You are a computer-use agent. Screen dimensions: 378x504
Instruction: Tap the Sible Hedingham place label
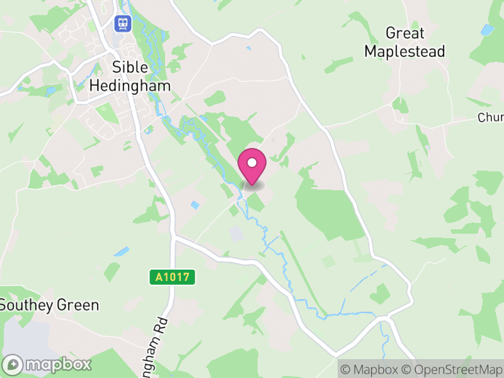[130, 76]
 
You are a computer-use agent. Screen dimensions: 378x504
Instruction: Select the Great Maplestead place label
[404, 42]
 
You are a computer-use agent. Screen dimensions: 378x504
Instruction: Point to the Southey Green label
[49, 306]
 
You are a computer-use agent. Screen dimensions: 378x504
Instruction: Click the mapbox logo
[47, 364]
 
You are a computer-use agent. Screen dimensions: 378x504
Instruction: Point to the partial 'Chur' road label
[490, 118]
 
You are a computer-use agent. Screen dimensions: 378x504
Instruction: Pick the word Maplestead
[404, 51]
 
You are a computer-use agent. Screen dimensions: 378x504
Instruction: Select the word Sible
[130, 67]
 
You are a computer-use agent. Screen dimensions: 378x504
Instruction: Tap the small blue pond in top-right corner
[487, 29]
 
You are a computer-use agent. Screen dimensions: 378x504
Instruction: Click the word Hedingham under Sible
[130, 85]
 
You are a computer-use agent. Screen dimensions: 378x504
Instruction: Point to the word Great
[404, 33]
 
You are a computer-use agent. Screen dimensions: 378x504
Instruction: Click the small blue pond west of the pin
[195, 205]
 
